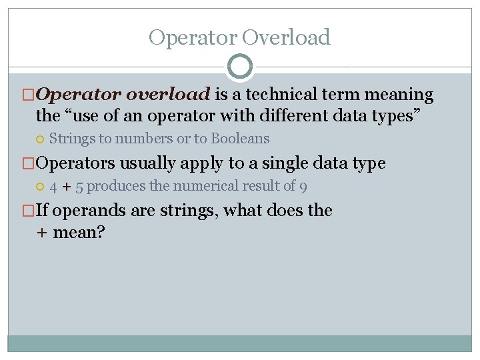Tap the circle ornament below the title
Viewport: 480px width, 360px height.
pyautogui.click(x=240, y=67)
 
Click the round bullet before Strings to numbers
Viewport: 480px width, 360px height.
pyautogui.click(x=40, y=139)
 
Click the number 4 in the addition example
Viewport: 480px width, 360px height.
pyautogui.click(x=53, y=187)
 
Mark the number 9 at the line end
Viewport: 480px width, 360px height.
pyautogui.click(x=303, y=187)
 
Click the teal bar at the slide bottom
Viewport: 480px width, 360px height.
pyautogui.click(x=240, y=343)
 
